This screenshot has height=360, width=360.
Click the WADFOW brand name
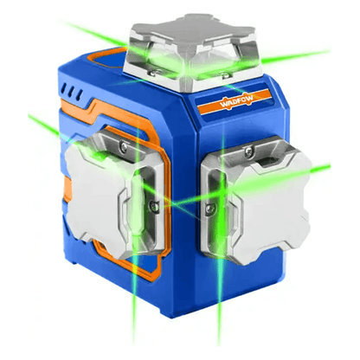coord(236,100)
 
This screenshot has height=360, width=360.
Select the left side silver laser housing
coord(115,194)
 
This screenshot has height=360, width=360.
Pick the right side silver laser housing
coord(256,200)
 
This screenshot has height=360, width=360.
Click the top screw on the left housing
coord(125,148)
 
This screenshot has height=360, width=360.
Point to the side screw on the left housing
coord(154,206)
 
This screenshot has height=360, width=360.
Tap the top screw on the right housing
coord(248,152)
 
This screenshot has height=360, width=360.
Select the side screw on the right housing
coord(209,209)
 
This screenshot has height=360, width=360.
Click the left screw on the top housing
coord(152,72)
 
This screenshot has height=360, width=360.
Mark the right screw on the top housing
coord(226,75)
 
